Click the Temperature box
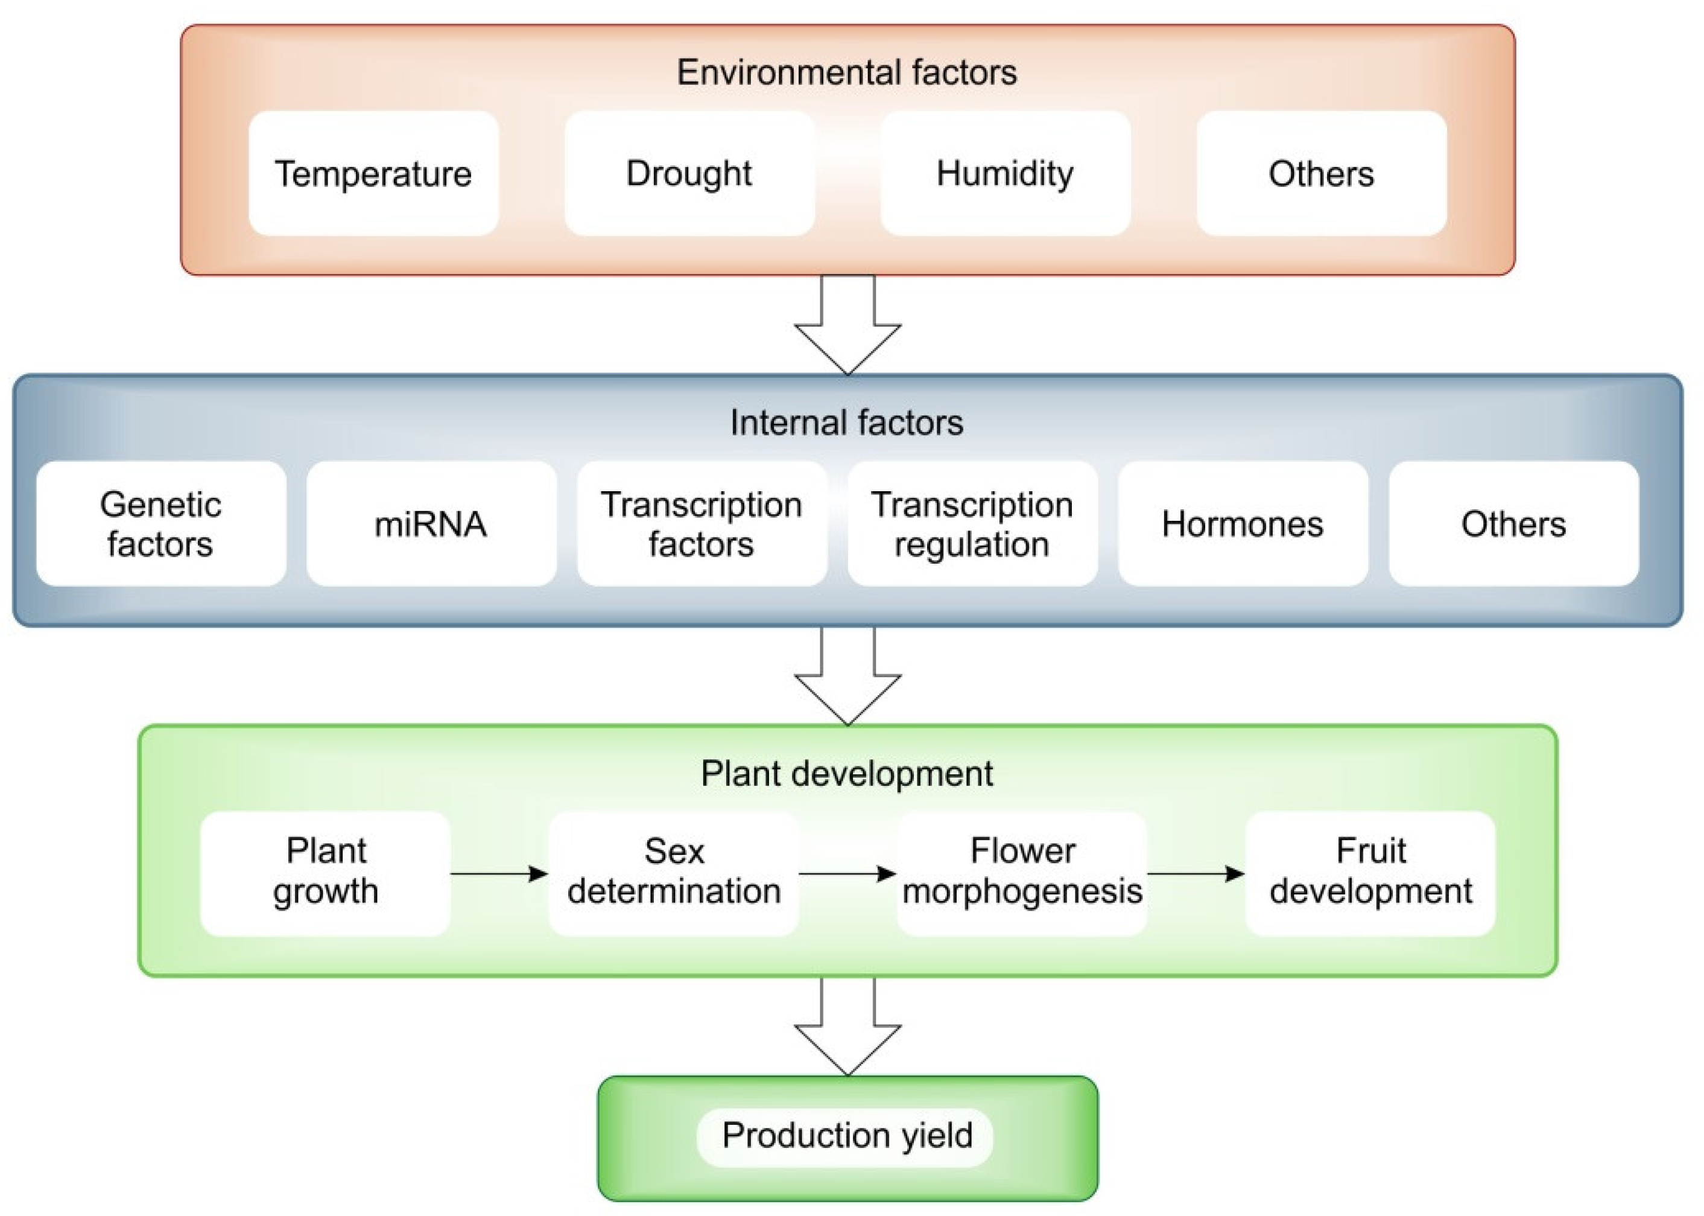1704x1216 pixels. (x=373, y=174)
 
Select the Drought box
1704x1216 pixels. (x=689, y=174)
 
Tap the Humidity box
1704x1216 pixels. (x=1005, y=174)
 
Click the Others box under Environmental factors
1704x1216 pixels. (x=1321, y=174)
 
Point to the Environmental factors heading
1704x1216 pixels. (x=846, y=72)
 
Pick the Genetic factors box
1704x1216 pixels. (x=161, y=523)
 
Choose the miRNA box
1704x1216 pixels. (x=431, y=523)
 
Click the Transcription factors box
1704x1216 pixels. (x=702, y=523)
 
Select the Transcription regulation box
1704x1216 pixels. (x=972, y=523)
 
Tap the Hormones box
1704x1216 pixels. (x=1243, y=523)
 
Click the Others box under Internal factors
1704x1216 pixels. (x=1513, y=523)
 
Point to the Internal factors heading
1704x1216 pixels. (x=846, y=422)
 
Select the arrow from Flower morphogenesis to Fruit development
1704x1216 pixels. (x=1195, y=873)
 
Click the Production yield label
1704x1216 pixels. (x=846, y=1136)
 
